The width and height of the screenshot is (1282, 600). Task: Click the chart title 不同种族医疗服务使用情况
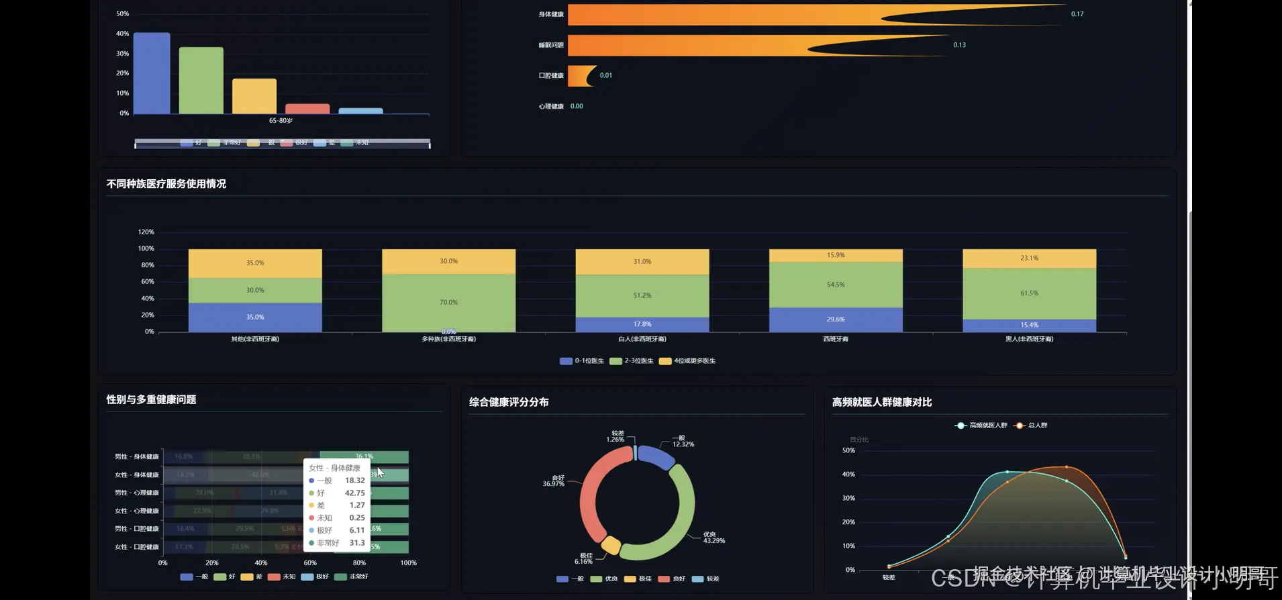[166, 184]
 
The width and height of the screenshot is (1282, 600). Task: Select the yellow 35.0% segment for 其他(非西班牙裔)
[255, 263]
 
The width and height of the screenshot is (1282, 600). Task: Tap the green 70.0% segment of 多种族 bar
[448, 302]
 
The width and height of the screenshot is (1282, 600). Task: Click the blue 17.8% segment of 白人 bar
[642, 324]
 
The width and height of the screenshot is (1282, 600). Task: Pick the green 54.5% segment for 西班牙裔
[836, 285]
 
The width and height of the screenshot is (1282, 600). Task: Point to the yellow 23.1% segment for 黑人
[1029, 258]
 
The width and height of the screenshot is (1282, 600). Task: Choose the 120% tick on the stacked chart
[146, 232]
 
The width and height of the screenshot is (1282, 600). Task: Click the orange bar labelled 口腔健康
[581, 76]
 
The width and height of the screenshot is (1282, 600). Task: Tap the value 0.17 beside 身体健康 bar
[1077, 14]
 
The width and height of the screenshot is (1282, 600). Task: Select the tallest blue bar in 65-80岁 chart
[152, 73]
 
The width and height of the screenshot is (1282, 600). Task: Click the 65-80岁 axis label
[281, 121]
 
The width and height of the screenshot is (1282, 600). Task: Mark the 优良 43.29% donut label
[713, 538]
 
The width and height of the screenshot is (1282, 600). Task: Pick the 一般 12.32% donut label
[683, 441]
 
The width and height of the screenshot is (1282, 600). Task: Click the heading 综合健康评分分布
[509, 402]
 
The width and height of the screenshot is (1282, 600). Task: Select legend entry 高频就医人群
[981, 426]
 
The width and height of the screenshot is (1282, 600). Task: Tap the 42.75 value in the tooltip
[354, 493]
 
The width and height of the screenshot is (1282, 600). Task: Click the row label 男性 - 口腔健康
[136, 529]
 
